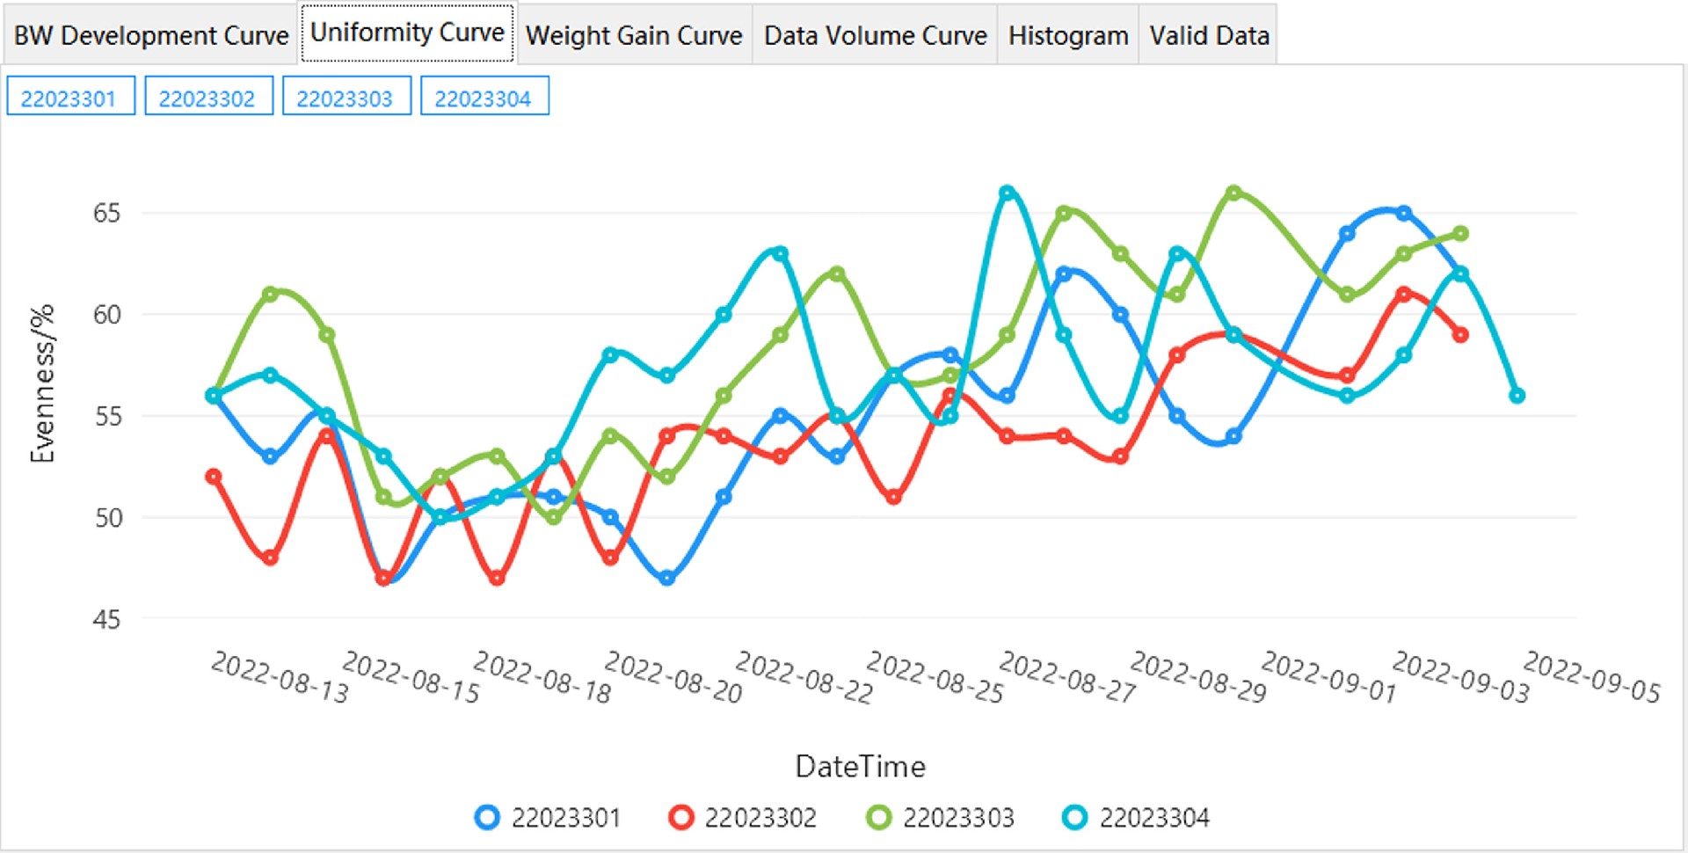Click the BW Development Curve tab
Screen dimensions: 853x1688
pyautogui.click(x=150, y=35)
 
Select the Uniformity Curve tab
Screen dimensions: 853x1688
pyautogui.click(x=407, y=33)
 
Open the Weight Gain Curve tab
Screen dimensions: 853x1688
pyautogui.click(x=634, y=35)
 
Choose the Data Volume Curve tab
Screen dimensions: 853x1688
pyautogui.click(x=875, y=35)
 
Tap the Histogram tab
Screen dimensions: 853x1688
pyautogui.click(x=1067, y=35)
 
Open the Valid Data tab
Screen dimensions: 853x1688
pyautogui.click(x=1209, y=35)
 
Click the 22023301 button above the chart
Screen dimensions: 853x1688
pyautogui.click(x=69, y=98)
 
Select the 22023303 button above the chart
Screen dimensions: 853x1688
pyautogui.click(x=346, y=98)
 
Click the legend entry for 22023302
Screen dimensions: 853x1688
pyautogui.click(x=743, y=818)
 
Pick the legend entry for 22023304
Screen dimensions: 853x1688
pyautogui.click(x=1136, y=818)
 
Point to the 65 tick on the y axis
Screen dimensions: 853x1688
pyautogui.click(x=106, y=213)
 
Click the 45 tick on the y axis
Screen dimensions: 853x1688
pyautogui.click(x=106, y=619)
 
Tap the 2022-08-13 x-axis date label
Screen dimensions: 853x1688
pyautogui.click(x=280, y=677)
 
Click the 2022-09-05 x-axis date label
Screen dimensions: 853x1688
pyautogui.click(x=1591, y=677)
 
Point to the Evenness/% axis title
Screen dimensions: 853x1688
pyautogui.click(x=42, y=383)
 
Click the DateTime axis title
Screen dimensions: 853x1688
pyautogui.click(x=860, y=767)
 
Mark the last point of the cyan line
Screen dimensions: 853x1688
pyautogui.click(x=1517, y=396)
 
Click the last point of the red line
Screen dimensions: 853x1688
pyautogui.click(x=1460, y=335)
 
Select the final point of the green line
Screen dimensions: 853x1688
pyautogui.click(x=1460, y=234)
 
